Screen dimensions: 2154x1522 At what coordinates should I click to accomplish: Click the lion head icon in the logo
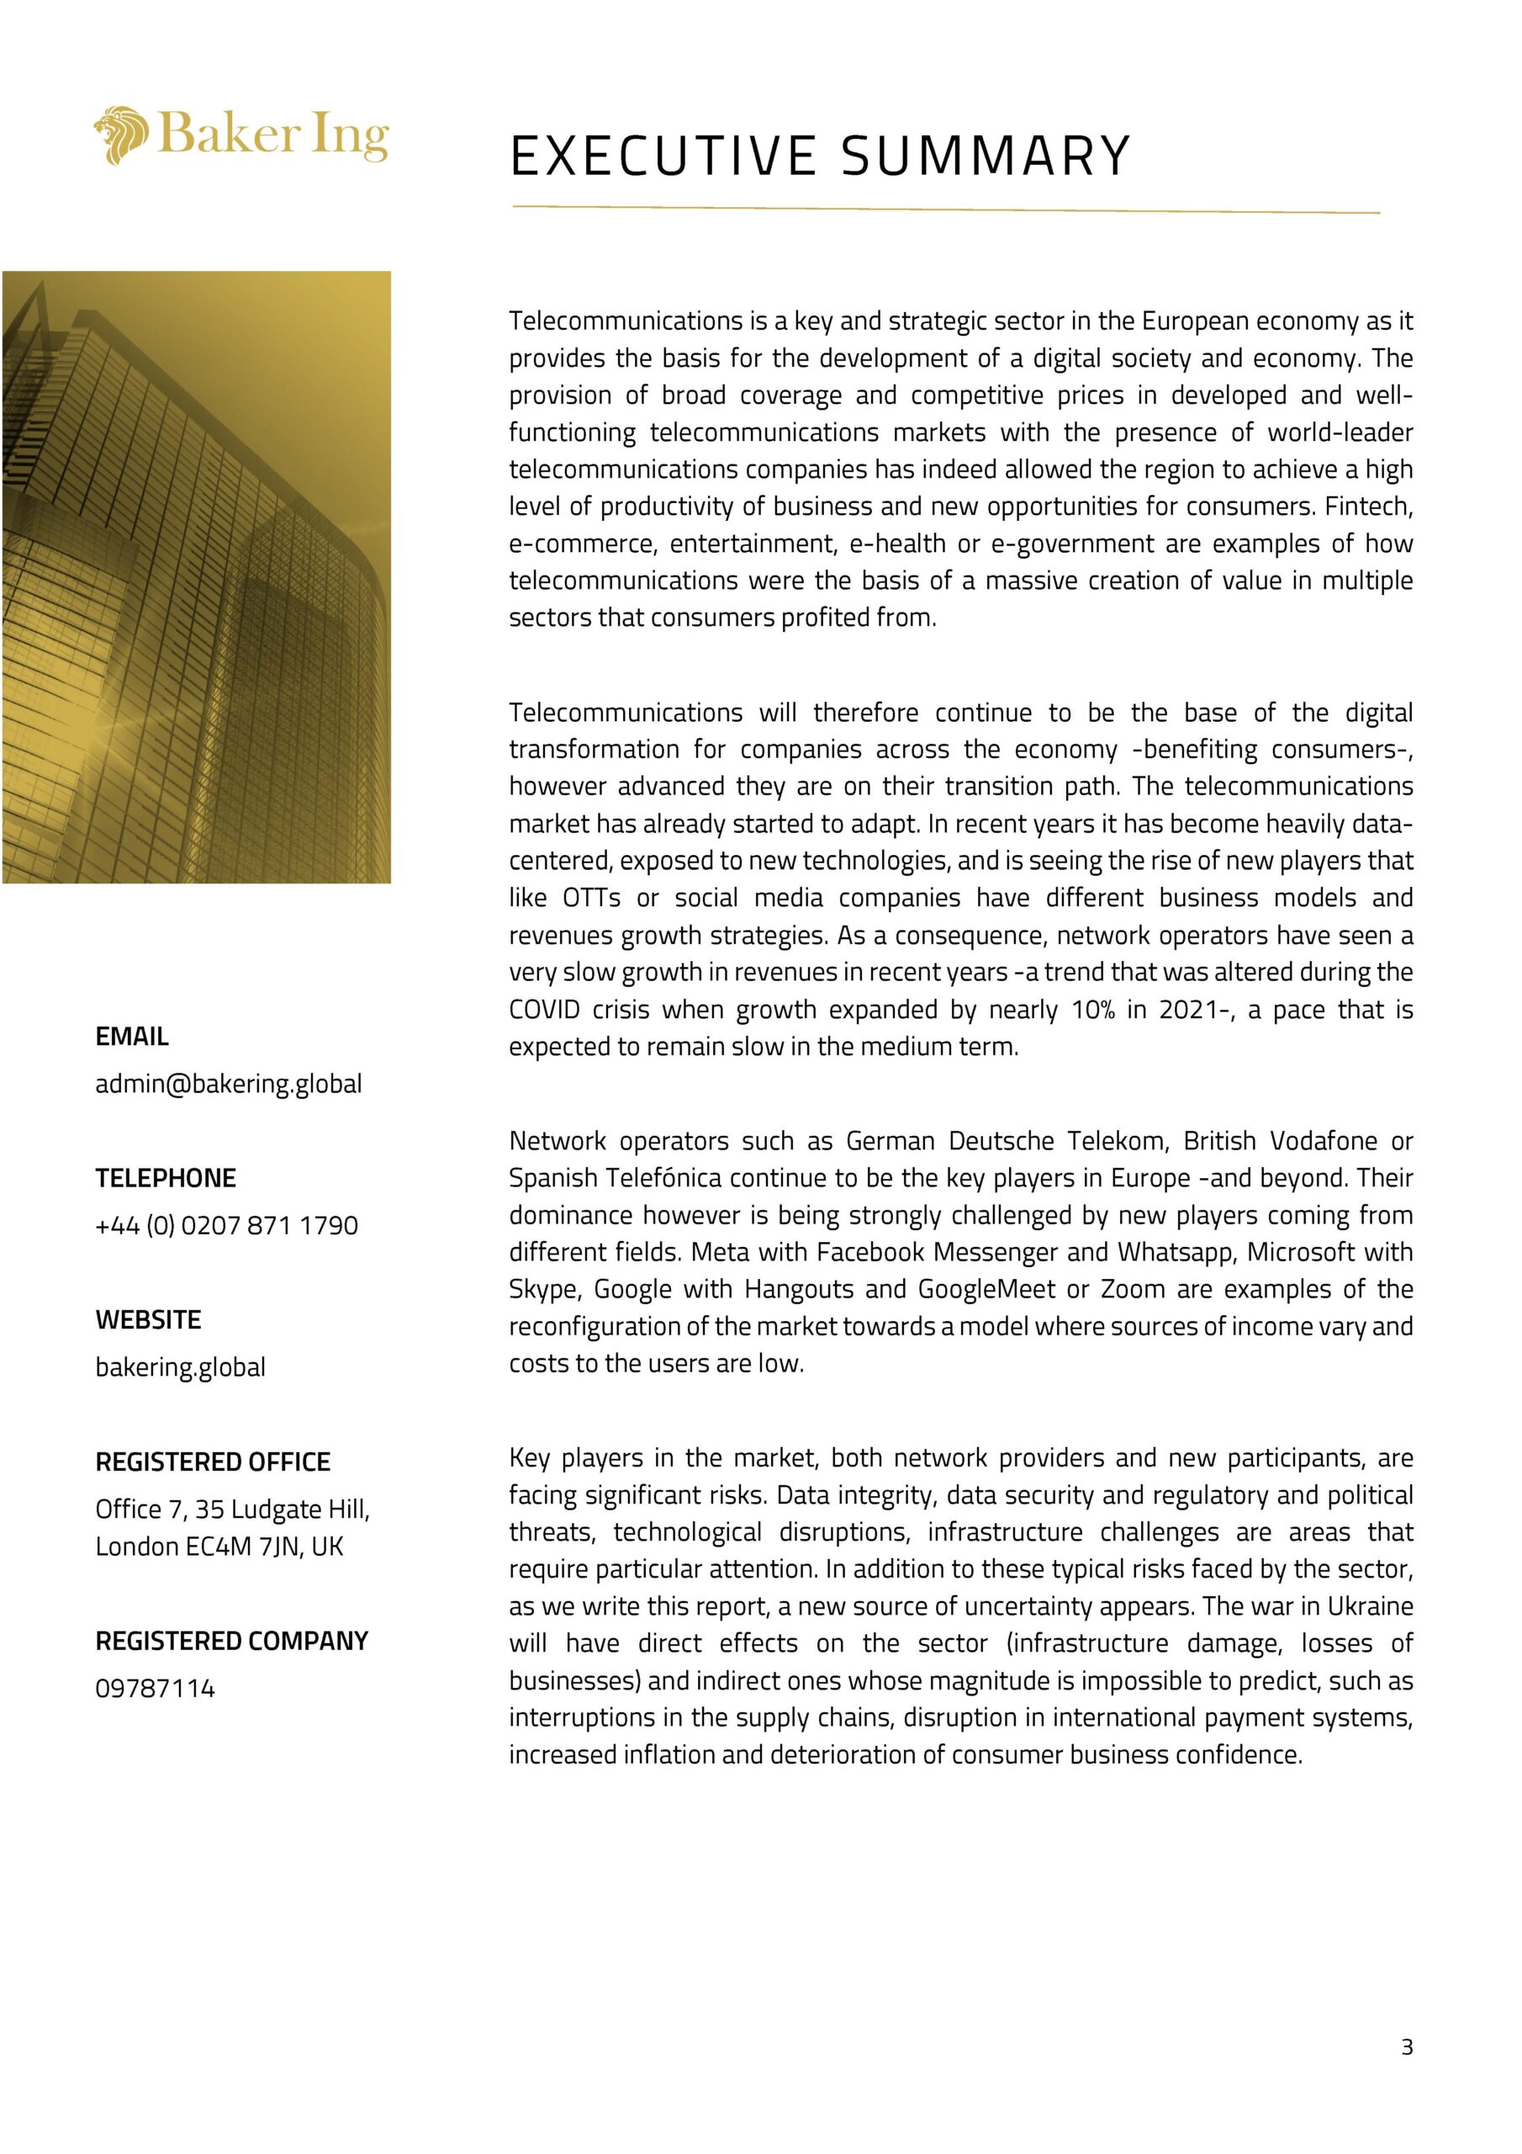[x=121, y=136]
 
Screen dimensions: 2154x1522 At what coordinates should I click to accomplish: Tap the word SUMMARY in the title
[x=986, y=156]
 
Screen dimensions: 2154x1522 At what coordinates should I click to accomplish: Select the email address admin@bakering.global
[x=228, y=1084]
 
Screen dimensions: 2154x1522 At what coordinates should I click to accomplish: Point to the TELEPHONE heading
[x=165, y=1177]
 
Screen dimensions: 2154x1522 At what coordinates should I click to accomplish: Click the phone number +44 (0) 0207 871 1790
[x=226, y=1225]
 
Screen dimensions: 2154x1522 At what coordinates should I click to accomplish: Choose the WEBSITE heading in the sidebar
[x=148, y=1319]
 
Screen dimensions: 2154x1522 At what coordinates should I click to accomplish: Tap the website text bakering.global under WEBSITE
[x=180, y=1367]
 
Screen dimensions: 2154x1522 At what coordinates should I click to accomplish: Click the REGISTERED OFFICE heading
[x=213, y=1462]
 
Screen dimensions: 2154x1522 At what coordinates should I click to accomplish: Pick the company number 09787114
[x=155, y=1689]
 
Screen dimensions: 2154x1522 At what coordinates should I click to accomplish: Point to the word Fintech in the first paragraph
[x=1368, y=507]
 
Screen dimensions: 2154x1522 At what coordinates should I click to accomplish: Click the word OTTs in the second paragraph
[x=591, y=898]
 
